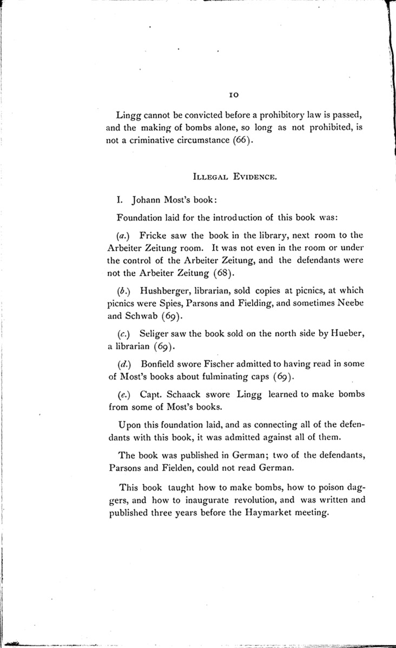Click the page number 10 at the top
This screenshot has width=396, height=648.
coord(234,95)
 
